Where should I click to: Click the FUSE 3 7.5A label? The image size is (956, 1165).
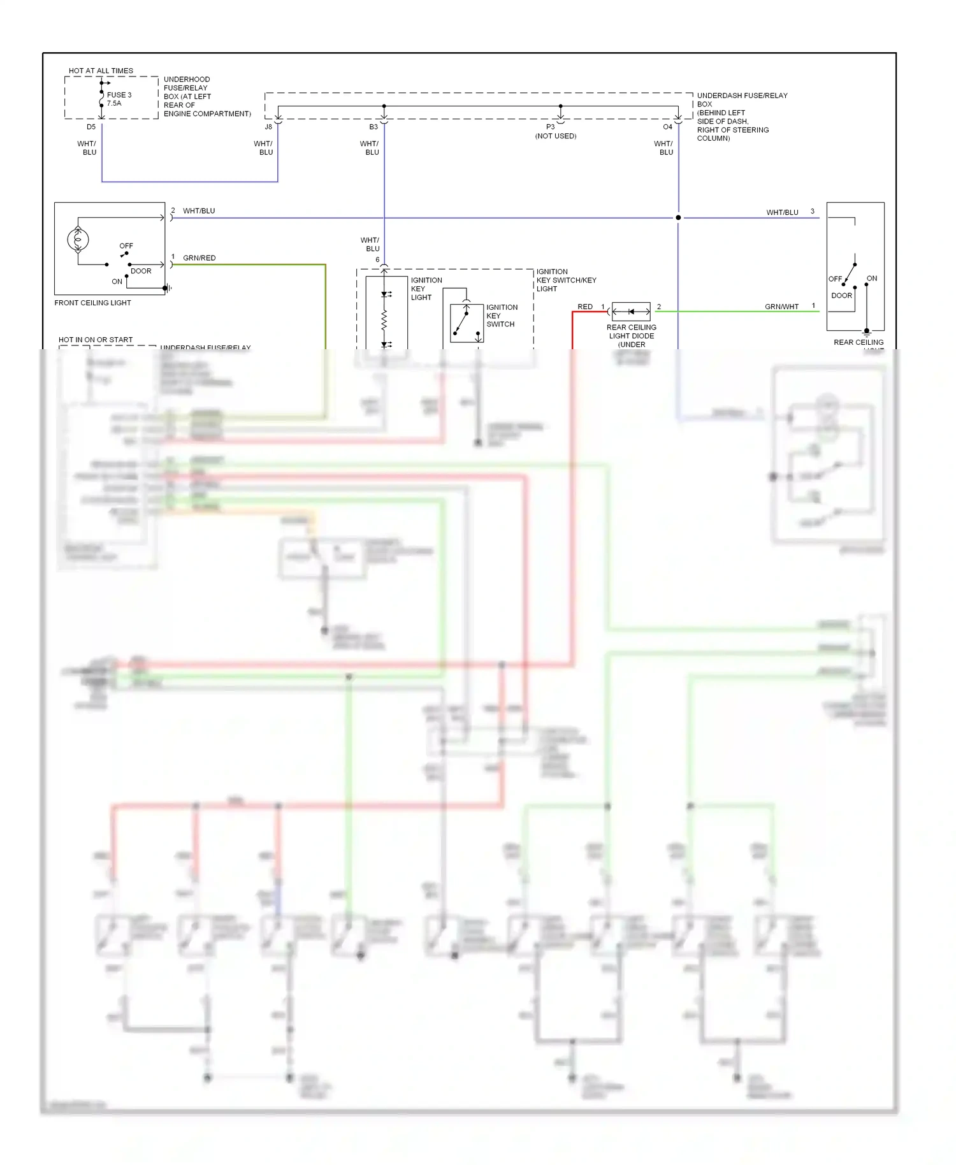[x=119, y=99]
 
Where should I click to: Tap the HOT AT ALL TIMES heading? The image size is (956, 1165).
[x=101, y=71]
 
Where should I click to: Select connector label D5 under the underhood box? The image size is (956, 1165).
[x=91, y=127]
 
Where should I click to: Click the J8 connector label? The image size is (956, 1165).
[x=268, y=127]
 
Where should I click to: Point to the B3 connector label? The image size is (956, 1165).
[x=373, y=127]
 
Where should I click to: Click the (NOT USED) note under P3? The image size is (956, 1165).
[x=555, y=136]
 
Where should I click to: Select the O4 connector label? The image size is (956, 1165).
[x=667, y=127]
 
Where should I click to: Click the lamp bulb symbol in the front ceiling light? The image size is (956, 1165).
[x=78, y=240]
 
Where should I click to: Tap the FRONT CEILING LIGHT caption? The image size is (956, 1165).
[x=92, y=303]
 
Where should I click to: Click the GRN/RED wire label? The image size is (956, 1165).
[x=199, y=258]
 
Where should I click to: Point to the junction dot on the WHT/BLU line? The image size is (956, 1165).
[x=678, y=218]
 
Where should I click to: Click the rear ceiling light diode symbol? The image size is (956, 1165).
[x=631, y=312]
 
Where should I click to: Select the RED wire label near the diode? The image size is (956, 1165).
[x=584, y=307]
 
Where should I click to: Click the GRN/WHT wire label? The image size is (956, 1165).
[x=781, y=307]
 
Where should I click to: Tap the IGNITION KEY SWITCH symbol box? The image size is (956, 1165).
[x=467, y=323]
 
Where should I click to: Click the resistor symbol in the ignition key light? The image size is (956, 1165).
[x=384, y=321]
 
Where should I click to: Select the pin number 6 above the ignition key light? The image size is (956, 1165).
[x=377, y=260]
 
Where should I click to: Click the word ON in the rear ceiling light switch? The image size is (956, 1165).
[x=871, y=279]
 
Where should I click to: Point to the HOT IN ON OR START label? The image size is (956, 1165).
[x=96, y=340]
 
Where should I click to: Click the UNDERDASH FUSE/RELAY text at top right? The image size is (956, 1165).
[x=742, y=96]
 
